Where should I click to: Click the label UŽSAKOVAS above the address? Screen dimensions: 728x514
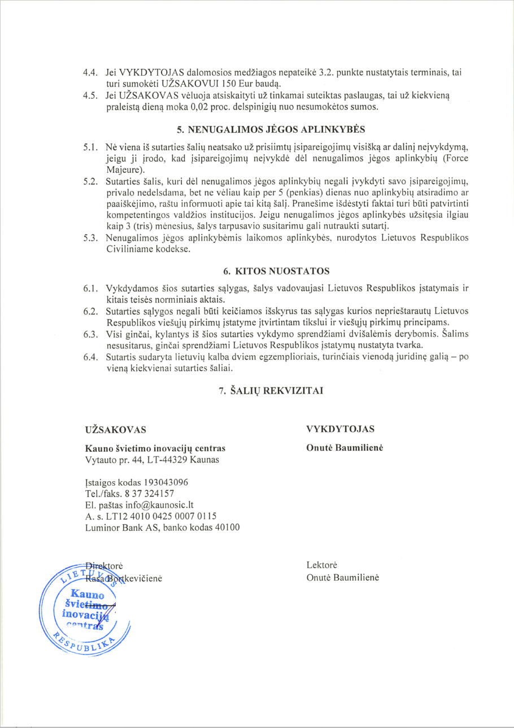click(115, 429)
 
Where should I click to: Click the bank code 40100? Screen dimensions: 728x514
click(225, 528)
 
